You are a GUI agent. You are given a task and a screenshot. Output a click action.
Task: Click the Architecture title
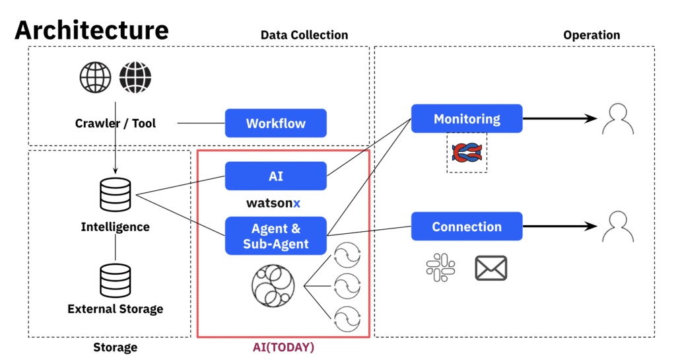(x=92, y=30)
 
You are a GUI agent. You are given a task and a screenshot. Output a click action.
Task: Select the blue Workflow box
(x=276, y=124)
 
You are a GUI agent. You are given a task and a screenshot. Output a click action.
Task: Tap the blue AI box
(x=276, y=176)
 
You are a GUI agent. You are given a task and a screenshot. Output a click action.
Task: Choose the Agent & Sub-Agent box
(x=276, y=236)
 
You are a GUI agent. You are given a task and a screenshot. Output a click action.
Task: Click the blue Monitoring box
(x=467, y=119)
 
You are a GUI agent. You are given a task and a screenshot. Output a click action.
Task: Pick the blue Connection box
(x=467, y=227)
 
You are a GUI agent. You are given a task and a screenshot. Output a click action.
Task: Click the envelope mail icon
(x=490, y=268)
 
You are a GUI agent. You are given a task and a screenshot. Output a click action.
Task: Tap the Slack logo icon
(x=440, y=268)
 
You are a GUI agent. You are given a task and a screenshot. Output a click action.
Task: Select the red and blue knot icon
(x=467, y=153)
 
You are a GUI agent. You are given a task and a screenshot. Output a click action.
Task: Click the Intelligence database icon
(x=115, y=195)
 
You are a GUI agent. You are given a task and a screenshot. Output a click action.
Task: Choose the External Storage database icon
(x=115, y=280)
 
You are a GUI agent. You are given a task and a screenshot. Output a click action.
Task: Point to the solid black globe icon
(x=135, y=78)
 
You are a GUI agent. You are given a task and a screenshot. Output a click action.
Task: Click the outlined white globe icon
(x=96, y=78)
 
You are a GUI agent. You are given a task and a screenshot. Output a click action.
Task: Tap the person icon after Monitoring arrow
(x=619, y=119)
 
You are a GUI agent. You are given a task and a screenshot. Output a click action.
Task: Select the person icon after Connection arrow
(x=619, y=227)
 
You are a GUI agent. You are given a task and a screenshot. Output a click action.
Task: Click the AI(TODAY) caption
(x=283, y=347)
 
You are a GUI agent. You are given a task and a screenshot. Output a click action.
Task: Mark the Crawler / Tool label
(x=116, y=124)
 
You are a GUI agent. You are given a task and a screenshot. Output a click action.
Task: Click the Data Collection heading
(x=304, y=35)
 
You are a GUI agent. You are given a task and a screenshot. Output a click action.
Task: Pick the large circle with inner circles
(x=271, y=286)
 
